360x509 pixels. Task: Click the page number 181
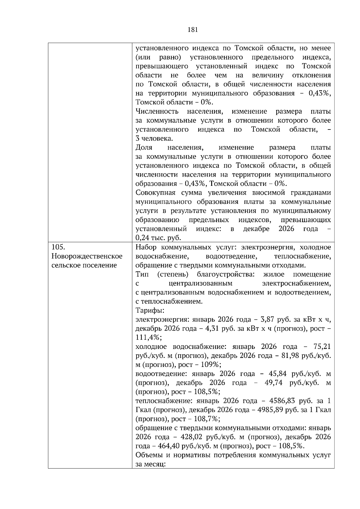point(192,29)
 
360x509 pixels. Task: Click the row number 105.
point(58,247)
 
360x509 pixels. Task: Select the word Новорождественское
point(87,256)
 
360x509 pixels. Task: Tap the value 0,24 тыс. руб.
point(158,238)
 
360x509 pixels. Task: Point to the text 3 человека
point(154,138)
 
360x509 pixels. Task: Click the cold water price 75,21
point(322,347)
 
